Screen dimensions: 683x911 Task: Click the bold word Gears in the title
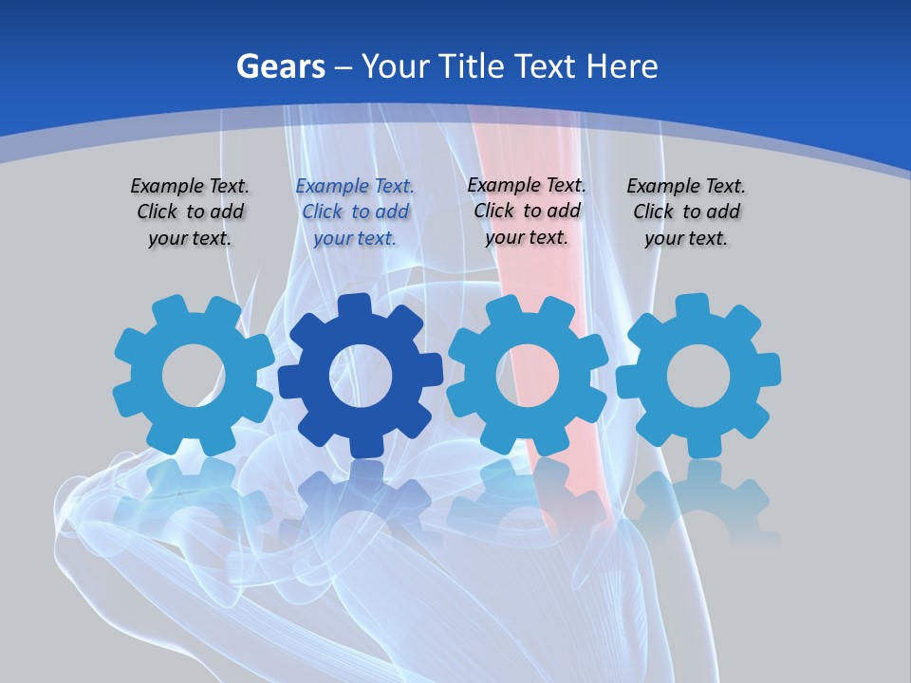pos(280,66)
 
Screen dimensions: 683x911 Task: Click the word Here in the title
pos(622,66)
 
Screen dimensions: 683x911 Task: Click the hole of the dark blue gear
pos(360,376)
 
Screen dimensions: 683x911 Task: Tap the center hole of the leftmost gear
pos(193,376)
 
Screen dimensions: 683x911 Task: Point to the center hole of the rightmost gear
pos(697,376)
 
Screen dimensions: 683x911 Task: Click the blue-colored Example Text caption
pos(355,212)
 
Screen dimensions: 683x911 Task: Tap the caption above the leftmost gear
pos(190,212)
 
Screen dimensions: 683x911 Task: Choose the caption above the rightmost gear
pos(686,212)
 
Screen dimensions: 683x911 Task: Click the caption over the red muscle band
pos(527,211)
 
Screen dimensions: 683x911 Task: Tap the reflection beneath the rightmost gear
pos(697,498)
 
